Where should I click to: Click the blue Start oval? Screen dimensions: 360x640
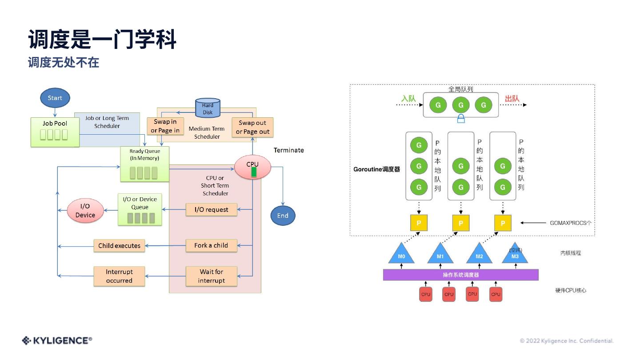[x=55, y=98]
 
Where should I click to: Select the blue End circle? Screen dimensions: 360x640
[x=283, y=216]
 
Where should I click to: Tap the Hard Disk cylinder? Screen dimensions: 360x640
[x=208, y=108]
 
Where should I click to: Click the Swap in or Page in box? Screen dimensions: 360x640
[x=165, y=126]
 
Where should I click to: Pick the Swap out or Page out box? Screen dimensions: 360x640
[x=252, y=127]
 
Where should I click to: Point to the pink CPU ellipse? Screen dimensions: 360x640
[x=252, y=168]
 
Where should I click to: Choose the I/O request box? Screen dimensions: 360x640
[x=211, y=209]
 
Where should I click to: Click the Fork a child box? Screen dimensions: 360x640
[x=211, y=245]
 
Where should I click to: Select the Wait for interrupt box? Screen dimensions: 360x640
[x=211, y=276]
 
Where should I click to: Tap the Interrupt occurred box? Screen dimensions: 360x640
[x=119, y=276]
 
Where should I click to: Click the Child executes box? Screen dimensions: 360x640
[x=119, y=245]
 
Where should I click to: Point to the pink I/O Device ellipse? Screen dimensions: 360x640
[x=85, y=211]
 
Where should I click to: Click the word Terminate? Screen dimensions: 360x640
[x=289, y=150]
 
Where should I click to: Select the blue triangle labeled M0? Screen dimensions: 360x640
[x=401, y=255]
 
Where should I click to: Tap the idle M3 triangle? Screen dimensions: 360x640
[x=515, y=255]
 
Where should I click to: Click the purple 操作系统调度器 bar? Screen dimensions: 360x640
[x=460, y=275]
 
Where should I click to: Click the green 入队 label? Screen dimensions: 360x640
[x=408, y=98]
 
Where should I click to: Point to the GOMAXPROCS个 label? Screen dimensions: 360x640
[x=571, y=223]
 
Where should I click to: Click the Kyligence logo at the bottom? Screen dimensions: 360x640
[x=57, y=340]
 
